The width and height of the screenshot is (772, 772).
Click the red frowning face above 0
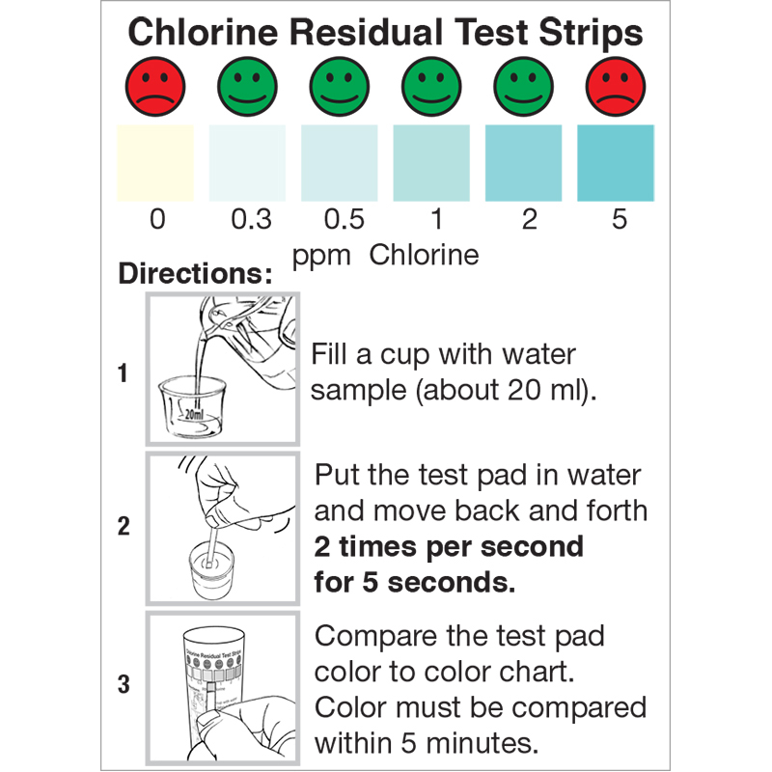155,87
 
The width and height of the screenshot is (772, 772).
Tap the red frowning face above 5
616,87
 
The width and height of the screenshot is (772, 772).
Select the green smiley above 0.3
247,87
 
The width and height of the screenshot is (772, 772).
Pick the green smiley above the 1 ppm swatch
431,87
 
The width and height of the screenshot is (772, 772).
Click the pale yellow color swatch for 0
155,163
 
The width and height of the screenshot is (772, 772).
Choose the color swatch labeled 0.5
340,163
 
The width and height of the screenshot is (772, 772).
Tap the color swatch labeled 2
523,163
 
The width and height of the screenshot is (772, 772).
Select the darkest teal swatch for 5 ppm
616,163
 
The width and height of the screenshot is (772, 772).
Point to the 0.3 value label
251,219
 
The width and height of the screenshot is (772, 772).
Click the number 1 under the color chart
436,219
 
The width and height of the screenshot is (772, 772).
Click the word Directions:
195,273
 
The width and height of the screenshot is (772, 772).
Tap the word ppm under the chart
321,257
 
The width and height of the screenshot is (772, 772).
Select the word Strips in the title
591,34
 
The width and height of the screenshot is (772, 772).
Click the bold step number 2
124,526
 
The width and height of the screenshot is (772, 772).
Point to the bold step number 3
124,684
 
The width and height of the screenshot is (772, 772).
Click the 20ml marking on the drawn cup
194,414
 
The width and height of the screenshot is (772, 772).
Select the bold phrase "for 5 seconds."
415,583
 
